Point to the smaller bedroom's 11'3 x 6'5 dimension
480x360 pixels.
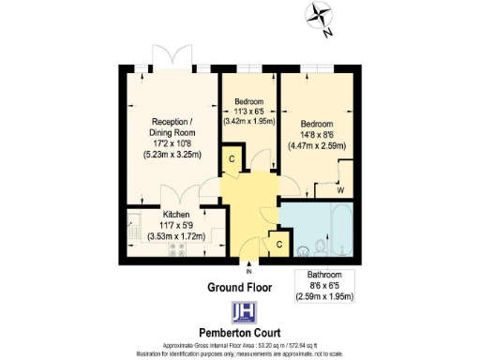[248, 111]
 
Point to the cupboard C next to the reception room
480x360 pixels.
[232, 160]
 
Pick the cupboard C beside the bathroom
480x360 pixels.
[278, 245]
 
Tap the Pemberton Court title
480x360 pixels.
[240, 332]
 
